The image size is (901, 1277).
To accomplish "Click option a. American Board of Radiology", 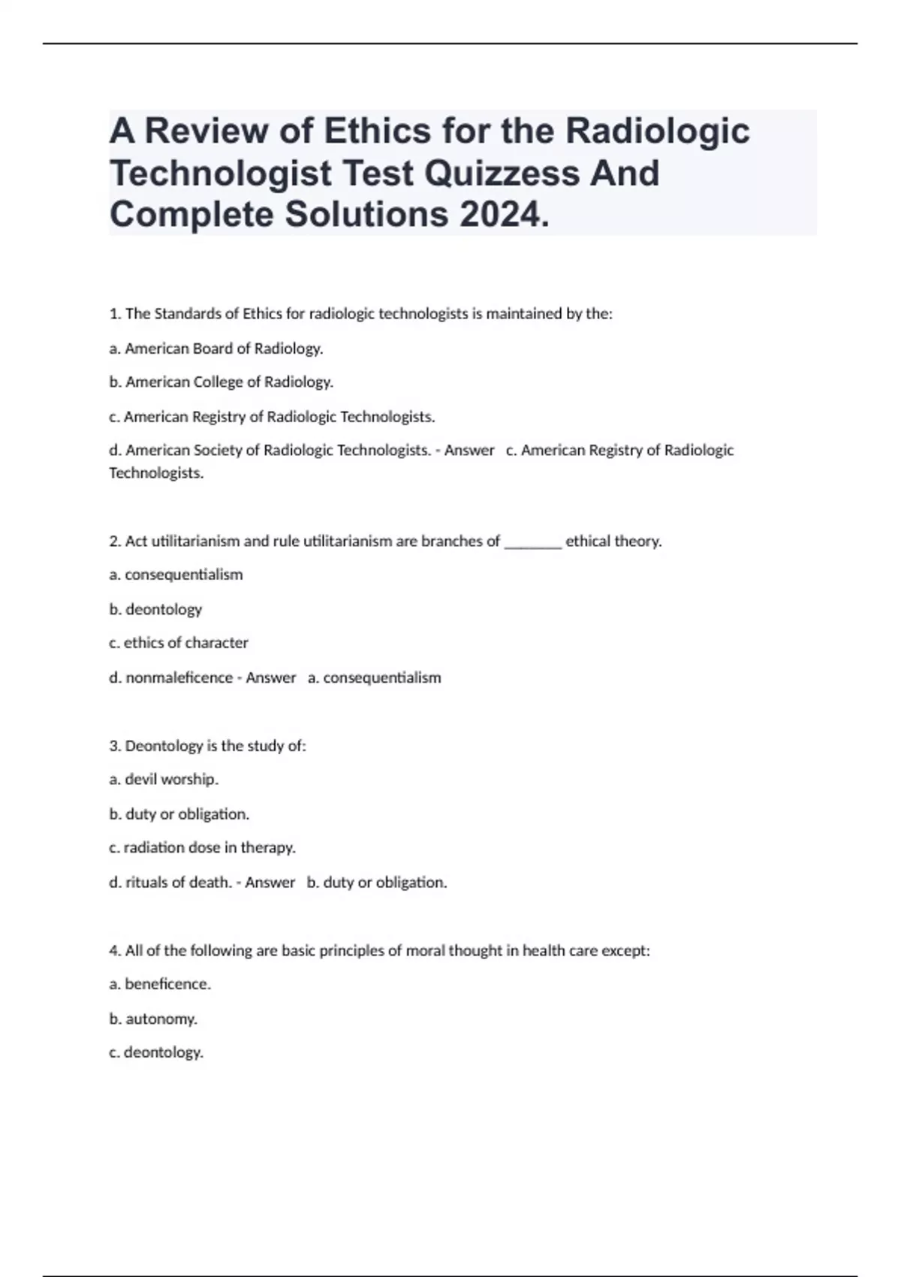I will coord(216,349).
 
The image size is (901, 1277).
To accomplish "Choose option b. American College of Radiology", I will coord(221,382).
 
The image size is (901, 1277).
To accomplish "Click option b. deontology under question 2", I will coord(155,609).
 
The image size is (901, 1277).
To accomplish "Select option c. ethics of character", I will coord(179,643).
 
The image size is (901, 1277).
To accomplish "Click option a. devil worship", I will coord(164,780).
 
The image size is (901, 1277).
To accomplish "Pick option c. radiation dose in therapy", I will coord(202,847).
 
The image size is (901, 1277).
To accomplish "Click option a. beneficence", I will coord(160,984).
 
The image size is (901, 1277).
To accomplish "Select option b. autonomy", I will coord(153,1019).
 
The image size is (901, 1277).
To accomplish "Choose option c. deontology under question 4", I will coord(156,1052).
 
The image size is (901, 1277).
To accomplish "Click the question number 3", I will coord(115,746).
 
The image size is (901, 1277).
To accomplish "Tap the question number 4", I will coord(115,951).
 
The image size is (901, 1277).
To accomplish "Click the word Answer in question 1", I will coord(469,451).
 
